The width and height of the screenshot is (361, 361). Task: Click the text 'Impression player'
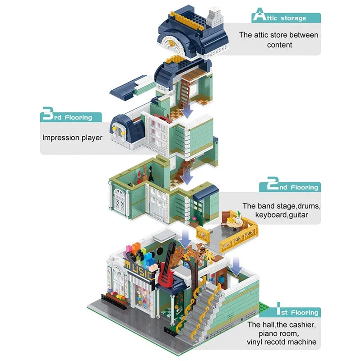[72, 137]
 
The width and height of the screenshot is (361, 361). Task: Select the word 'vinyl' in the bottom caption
[257, 342]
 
